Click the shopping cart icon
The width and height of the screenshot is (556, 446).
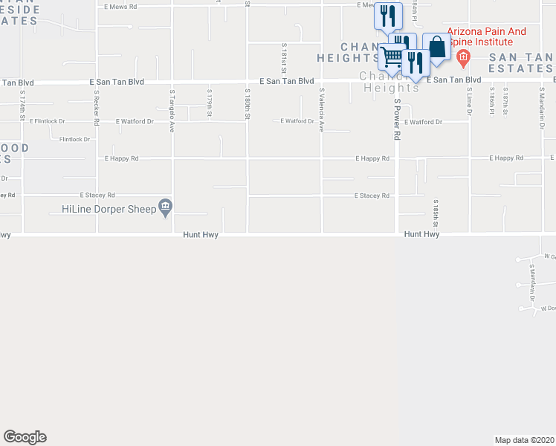tap(391, 57)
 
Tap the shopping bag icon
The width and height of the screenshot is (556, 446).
tap(437, 48)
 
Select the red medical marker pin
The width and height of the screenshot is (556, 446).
tap(462, 56)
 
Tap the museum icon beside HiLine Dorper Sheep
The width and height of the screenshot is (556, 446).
tap(165, 207)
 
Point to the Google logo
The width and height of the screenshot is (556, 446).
tap(25, 437)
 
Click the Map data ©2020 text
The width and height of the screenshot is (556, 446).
tap(525, 440)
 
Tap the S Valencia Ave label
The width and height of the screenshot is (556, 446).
tap(322, 110)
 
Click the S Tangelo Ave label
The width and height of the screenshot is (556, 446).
tap(172, 111)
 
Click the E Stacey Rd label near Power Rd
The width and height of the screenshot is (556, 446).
tap(372, 196)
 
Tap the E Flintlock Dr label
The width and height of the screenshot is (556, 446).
tap(48, 120)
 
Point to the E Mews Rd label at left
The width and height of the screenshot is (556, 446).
tap(121, 6)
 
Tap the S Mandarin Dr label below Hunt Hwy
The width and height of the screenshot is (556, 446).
tap(533, 276)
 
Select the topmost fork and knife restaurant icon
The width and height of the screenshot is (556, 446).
tap(387, 15)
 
